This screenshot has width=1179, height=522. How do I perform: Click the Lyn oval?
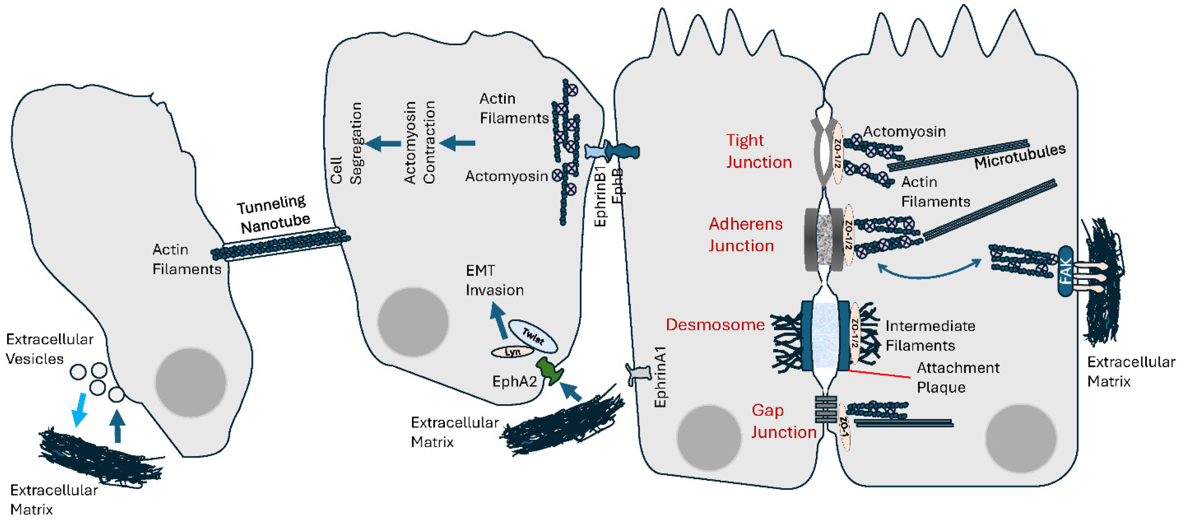pos(512,352)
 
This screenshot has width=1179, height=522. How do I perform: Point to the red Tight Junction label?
pos(758,151)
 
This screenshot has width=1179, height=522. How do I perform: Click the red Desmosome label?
pos(715,325)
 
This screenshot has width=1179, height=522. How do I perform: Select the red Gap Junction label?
pos(783,421)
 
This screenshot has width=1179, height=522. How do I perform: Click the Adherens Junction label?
pos(745,235)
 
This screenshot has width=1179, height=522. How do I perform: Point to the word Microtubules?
pos(1020,157)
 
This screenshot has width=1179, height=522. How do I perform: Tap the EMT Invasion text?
pos(494,280)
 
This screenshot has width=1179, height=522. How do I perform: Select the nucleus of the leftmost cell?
pos(190,382)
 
